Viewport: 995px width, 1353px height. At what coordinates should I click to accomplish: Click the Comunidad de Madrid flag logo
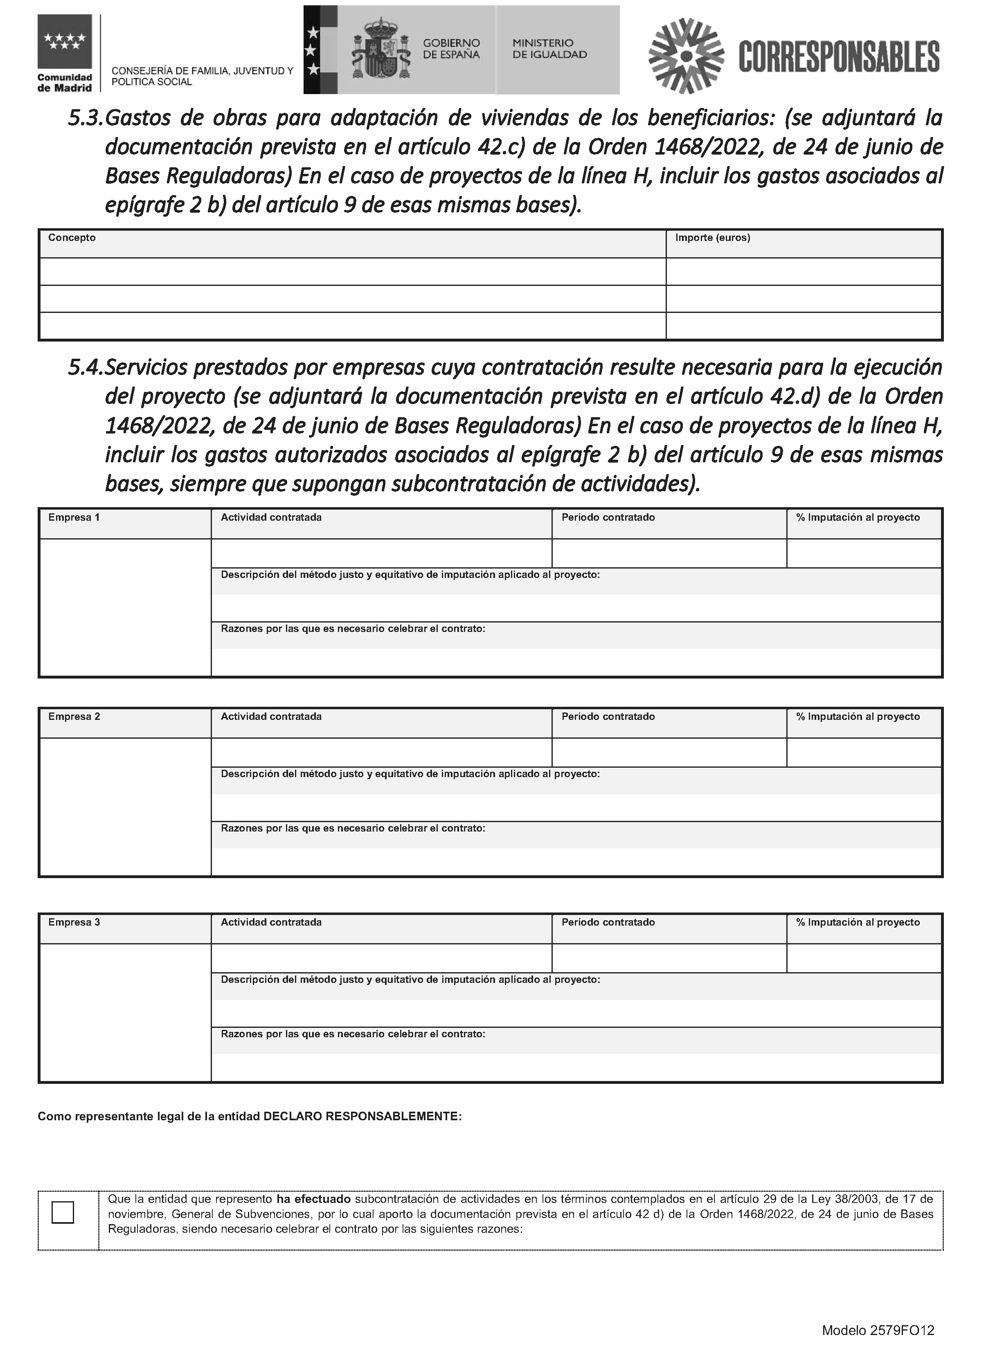pyautogui.click(x=65, y=42)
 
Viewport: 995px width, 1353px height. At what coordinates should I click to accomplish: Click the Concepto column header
pyautogui.click(x=72, y=238)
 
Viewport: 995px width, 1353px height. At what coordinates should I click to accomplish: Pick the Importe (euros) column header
pyautogui.click(x=713, y=238)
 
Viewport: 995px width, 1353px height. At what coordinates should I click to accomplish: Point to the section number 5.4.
pyautogui.click(x=86, y=367)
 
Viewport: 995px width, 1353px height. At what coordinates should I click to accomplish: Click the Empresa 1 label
pyautogui.click(x=74, y=517)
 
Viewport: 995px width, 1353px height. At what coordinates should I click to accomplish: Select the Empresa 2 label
pyautogui.click(x=74, y=717)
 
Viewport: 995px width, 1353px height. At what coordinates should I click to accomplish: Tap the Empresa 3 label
pyautogui.click(x=74, y=922)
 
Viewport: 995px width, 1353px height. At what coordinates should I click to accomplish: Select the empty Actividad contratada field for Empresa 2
pyautogui.click(x=381, y=753)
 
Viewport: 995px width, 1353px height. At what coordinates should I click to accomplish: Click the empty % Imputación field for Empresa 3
pyautogui.click(x=864, y=958)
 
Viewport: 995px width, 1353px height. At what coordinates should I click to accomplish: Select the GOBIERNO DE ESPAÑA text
pyautogui.click(x=451, y=49)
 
